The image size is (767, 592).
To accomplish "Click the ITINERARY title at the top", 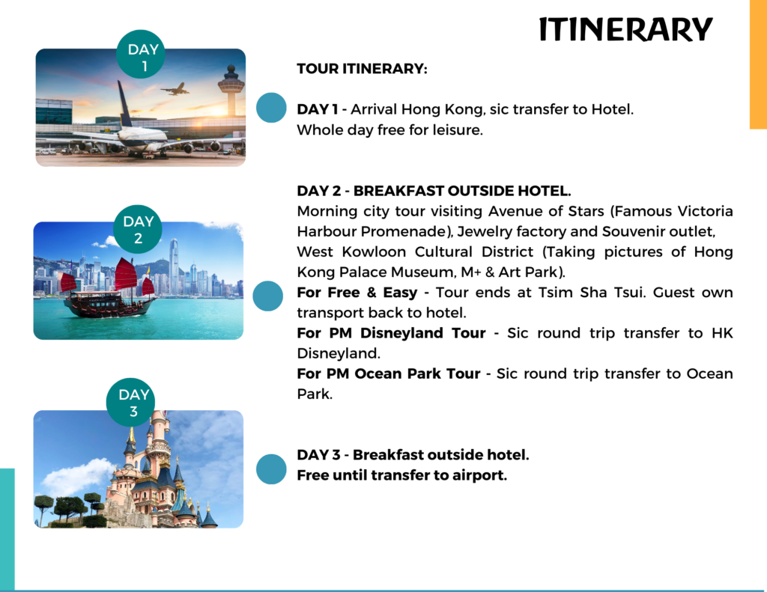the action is (625, 29).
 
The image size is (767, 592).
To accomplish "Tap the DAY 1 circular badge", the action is (141, 55).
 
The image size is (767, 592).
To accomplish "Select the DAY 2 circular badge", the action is (138, 229).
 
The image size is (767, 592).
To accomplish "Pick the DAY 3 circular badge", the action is (130, 402).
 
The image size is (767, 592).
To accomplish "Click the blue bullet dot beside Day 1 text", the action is (271, 108).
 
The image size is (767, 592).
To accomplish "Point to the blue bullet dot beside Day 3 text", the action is (271, 469).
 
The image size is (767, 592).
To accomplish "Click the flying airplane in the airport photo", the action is (175, 89).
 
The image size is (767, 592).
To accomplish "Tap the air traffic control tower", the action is (231, 90).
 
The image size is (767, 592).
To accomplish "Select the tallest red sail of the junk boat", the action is (126, 274).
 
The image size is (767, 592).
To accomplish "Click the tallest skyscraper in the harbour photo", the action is (174, 266).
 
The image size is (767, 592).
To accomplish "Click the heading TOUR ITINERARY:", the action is (362, 68).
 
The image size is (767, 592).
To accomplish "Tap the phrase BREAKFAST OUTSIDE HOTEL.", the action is (462, 191).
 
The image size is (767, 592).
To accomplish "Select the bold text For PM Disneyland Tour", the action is (391, 333).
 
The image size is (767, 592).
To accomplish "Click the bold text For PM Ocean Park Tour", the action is (389, 373).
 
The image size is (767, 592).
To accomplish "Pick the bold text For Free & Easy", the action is (357, 293).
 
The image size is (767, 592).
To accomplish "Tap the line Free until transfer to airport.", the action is (401, 475).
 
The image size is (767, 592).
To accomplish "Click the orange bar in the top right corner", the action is (758, 64).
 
